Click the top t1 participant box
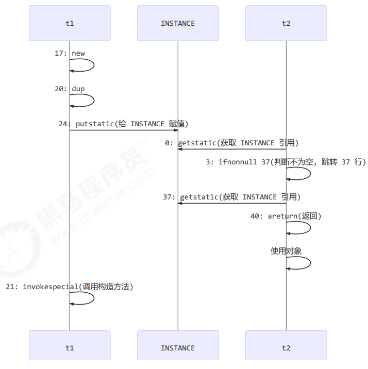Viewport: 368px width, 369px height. tap(70, 23)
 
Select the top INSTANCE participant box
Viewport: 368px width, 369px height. tap(178, 23)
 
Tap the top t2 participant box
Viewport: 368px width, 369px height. tap(286, 23)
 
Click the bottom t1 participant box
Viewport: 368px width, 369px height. tap(70, 348)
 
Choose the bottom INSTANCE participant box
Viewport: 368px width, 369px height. tap(178, 348)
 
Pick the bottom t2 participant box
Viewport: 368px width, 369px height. tap(286, 348)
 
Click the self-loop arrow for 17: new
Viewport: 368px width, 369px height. tap(93, 65)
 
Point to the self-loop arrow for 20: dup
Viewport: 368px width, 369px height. tap(93, 100)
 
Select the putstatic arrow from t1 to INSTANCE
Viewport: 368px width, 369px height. tap(124, 130)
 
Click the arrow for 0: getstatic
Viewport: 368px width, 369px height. tap(232, 149)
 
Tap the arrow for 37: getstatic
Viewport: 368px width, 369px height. tap(232, 203)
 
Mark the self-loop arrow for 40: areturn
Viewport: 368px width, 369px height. tap(310, 227)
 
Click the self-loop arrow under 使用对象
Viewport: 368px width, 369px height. tap(310, 262)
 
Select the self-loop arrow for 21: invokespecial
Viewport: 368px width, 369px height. tap(93, 298)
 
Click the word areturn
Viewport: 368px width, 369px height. tap(281, 216)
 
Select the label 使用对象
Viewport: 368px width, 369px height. tap(286, 251)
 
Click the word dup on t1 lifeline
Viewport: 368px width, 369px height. tap(78, 89)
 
